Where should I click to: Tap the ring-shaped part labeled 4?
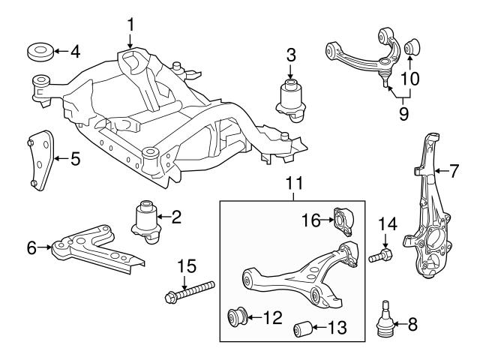coord(40,52)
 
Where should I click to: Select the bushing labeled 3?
coord(290,96)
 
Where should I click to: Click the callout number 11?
coord(292,182)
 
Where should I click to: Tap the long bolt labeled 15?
coord(187,292)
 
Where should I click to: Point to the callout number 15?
coord(186,266)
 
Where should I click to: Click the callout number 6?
coord(31,245)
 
